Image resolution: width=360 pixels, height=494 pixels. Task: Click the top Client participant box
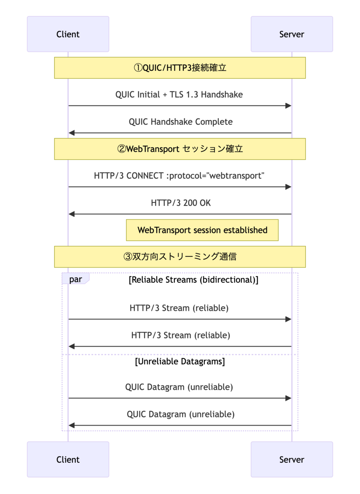(68, 34)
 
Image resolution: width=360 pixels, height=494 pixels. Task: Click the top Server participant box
(292, 34)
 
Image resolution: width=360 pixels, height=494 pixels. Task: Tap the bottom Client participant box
(68, 459)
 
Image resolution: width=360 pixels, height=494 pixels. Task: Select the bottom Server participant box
(292, 459)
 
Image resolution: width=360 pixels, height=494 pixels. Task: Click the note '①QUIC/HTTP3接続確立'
(180, 68)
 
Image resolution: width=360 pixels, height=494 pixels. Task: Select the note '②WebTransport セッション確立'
(180, 149)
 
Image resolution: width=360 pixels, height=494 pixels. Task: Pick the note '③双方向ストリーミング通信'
(180, 257)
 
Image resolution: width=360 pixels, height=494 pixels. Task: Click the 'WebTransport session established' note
(202, 230)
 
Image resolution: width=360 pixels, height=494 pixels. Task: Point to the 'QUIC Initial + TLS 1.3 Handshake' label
(179, 94)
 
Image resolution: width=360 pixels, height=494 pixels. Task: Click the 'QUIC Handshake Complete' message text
(181, 122)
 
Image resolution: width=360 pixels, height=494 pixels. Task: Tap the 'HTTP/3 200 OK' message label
(181, 203)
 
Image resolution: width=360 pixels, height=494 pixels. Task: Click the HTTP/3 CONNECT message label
(179, 176)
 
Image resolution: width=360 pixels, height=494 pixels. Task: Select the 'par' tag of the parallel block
(75, 279)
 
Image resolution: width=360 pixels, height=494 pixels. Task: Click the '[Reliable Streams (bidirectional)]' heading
(193, 280)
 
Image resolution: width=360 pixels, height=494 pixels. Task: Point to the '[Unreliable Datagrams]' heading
(180, 361)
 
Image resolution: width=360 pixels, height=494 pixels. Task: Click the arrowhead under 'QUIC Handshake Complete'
(72, 133)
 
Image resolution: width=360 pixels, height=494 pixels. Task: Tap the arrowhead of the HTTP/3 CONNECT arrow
(288, 187)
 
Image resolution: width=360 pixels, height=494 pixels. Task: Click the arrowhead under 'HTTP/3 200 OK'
(72, 214)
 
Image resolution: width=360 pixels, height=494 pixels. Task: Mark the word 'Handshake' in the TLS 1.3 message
(222, 94)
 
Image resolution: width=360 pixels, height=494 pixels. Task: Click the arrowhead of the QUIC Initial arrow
(288, 106)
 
